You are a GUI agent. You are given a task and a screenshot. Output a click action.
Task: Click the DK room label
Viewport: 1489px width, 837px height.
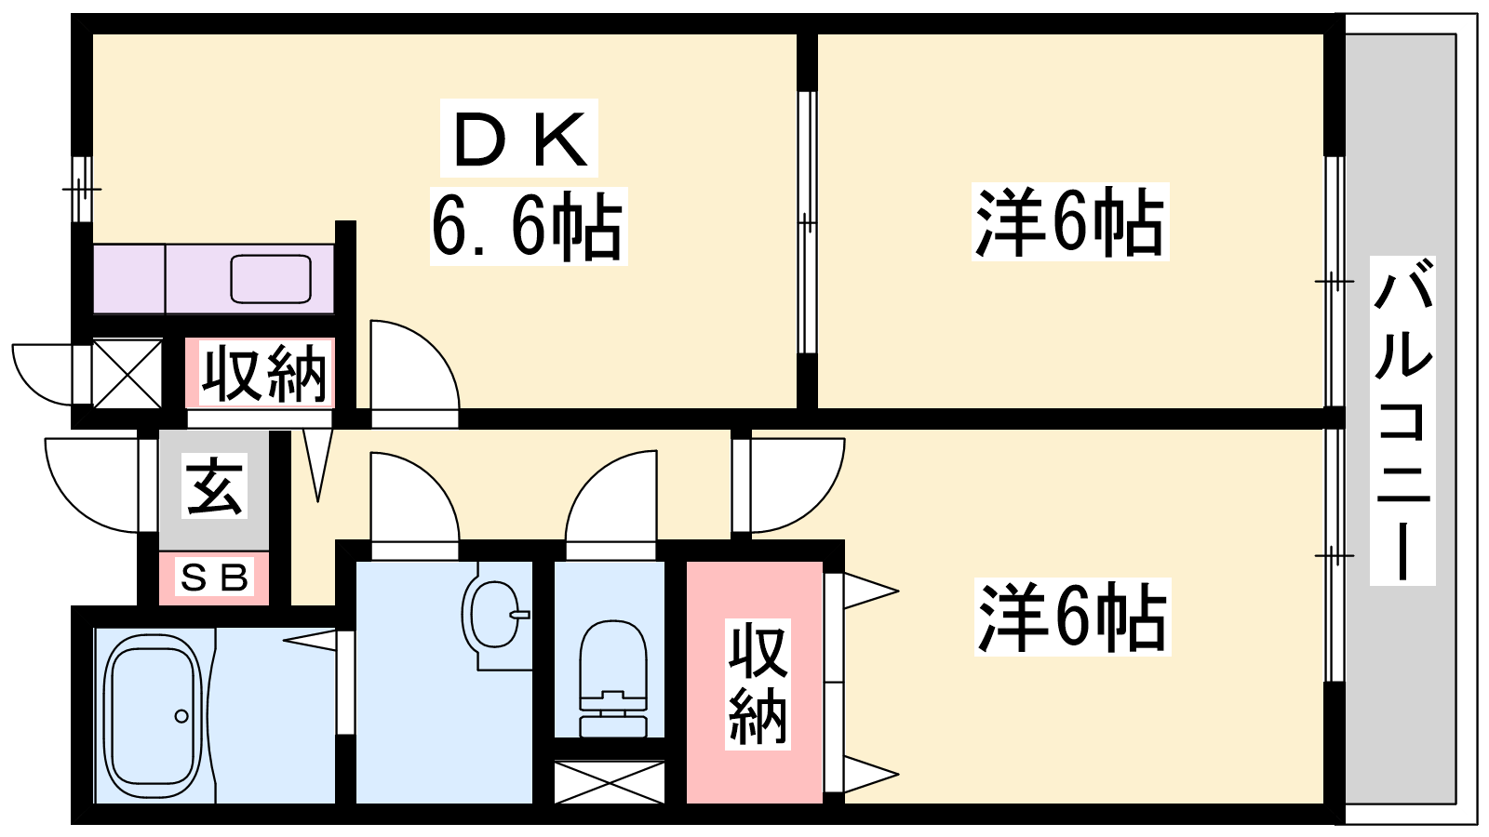coord(519,139)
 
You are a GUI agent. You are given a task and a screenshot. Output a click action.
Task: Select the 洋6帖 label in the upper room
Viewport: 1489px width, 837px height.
coord(1069,221)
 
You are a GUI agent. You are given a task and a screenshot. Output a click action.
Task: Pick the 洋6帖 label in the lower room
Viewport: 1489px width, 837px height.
coord(1071,617)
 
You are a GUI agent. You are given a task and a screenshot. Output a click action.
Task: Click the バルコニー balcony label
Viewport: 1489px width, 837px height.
coord(1402,419)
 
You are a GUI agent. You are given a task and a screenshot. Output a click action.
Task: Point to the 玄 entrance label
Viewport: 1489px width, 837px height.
coord(214,485)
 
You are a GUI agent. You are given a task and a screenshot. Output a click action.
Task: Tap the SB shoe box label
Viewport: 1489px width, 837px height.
coord(214,577)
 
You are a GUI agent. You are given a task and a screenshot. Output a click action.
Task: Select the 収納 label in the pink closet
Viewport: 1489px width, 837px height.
coord(758,684)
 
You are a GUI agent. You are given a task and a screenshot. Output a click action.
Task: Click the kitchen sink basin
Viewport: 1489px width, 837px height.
coord(271,278)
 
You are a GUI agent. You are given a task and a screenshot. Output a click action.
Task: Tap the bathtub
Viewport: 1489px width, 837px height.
coord(154,717)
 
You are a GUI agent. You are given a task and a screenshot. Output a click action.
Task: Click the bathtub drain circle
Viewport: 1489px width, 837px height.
coord(181,716)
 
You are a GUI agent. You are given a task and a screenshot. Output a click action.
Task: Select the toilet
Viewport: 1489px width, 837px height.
coord(613,678)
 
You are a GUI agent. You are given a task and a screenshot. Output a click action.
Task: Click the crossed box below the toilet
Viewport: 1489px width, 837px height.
coord(609,782)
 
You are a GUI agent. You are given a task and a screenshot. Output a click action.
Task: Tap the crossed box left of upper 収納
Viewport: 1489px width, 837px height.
coord(127,373)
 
